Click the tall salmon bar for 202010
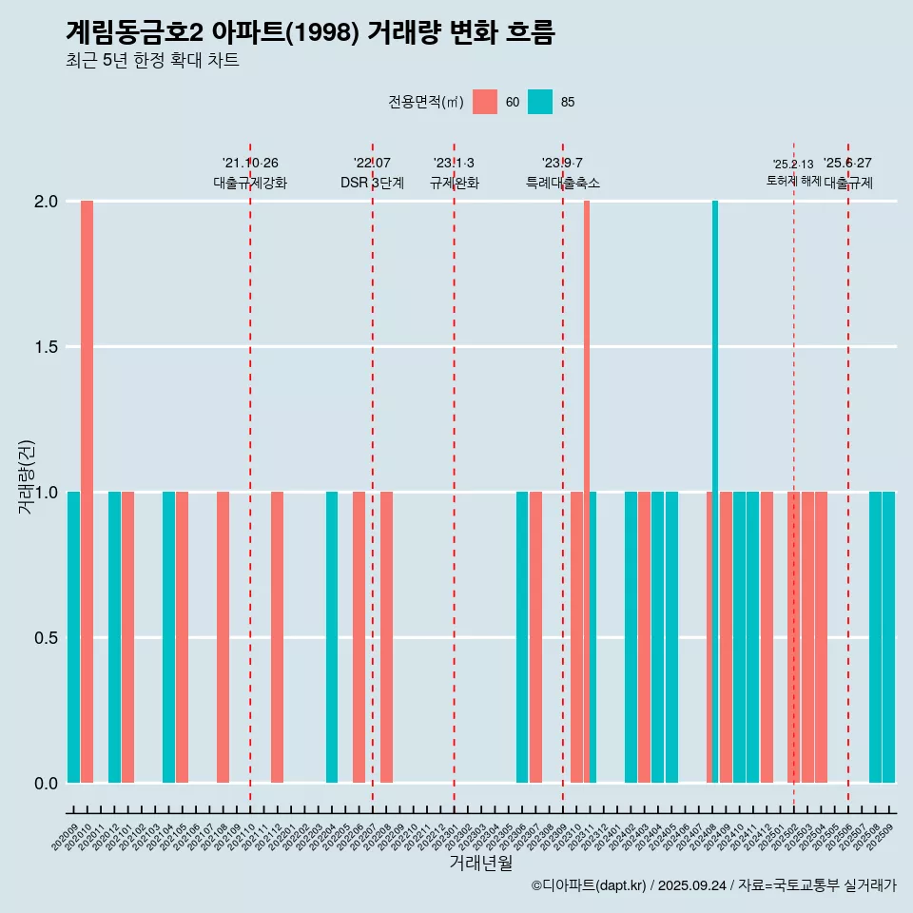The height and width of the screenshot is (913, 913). point(87,491)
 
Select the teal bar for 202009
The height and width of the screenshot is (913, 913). point(73,637)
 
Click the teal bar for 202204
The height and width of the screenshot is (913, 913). point(332,637)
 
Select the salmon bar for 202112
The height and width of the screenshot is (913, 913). point(277,637)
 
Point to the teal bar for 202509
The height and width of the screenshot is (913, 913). point(889,637)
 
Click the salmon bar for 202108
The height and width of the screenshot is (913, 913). point(223,637)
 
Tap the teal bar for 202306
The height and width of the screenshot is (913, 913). point(522,637)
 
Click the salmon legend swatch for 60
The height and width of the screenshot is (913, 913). point(485,102)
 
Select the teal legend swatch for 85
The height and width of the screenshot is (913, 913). point(540,102)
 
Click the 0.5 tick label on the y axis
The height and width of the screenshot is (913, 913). point(46,637)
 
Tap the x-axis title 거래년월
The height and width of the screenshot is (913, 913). point(480,863)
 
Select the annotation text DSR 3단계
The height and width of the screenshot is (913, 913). point(372,183)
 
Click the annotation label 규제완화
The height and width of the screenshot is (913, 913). point(454,183)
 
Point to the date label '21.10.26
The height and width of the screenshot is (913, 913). point(250,164)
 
